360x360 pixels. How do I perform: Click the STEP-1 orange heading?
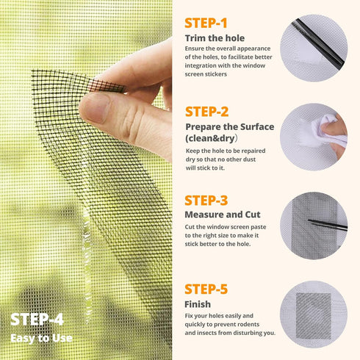206,23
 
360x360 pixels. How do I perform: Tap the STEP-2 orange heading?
206,112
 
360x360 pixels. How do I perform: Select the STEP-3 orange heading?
206,201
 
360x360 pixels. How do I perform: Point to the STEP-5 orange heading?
206,289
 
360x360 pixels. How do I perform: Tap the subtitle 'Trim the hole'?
215,37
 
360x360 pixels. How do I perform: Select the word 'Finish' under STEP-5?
198,303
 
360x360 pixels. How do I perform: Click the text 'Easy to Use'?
41,339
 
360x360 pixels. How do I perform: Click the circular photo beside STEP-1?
314,48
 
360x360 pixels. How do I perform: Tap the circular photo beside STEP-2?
314,137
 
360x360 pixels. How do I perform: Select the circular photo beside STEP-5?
314,314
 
